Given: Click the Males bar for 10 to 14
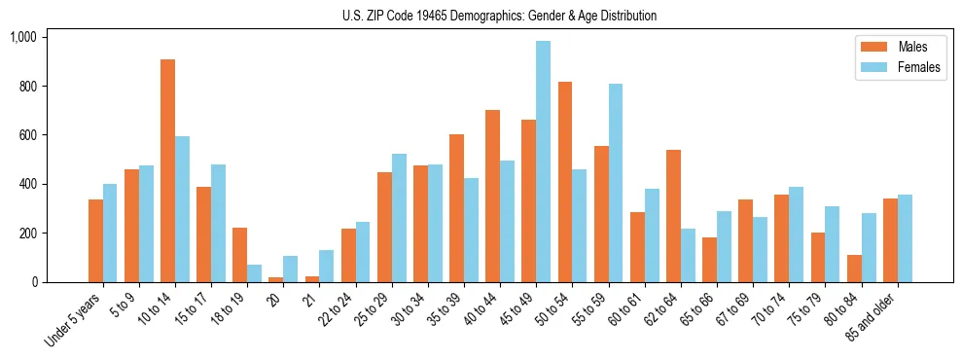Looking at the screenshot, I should (168, 171).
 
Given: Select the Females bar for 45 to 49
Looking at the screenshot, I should (543, 162).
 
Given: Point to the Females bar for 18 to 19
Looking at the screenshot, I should (254, 273).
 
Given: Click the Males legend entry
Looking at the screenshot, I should (896, 47).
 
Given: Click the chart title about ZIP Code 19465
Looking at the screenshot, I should (499, 16).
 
